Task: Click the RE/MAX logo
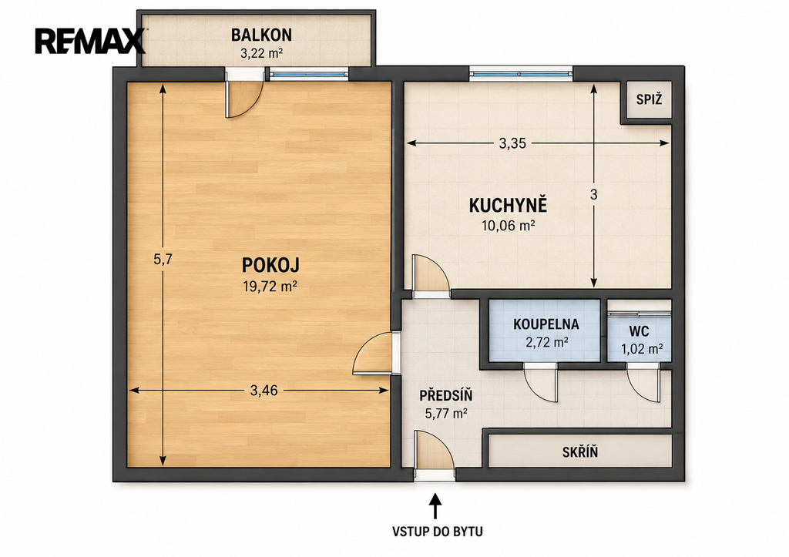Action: (89, 41)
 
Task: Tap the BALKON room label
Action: (261, 35)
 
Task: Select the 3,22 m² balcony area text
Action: (261, 53)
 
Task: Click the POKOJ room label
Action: (270, 265)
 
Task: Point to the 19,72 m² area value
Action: (270, 287)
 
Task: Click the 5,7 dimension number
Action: (163, 259)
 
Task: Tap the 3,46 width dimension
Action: (264, 391)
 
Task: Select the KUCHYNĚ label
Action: (508, 205)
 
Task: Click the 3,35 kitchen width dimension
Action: (512, 143)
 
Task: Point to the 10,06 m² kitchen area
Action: (508, 226)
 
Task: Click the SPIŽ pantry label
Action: (649, 99)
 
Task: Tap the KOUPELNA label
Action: (546, 324)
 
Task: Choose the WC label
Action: (639, 331)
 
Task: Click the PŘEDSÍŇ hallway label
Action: (446, 395)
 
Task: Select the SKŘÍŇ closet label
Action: (580, 451)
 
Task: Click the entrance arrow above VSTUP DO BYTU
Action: (435, 506)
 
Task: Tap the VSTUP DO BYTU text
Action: (438, 532)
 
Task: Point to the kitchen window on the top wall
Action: (521, 74)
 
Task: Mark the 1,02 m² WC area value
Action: (642, 349)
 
